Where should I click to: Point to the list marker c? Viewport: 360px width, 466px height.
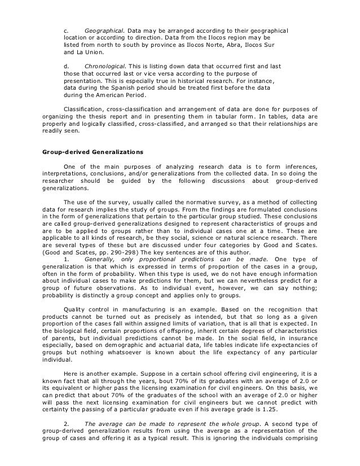pyautogui.click(x=65, y=29)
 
